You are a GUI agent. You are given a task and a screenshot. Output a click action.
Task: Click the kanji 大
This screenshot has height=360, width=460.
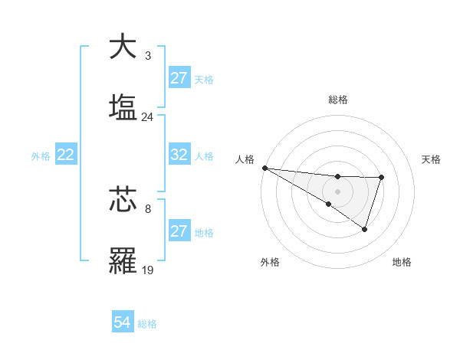point(124,47)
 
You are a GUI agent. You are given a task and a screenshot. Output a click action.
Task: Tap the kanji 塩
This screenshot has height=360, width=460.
point(124,107)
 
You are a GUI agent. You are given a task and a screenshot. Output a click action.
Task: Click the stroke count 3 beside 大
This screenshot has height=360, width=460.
point(147,56)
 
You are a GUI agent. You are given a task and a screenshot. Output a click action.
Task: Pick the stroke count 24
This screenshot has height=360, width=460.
point(147,117)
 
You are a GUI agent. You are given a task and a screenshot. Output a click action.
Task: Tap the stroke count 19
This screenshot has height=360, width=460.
point(147,270)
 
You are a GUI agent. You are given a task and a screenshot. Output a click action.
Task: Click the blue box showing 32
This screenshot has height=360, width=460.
point(179,155)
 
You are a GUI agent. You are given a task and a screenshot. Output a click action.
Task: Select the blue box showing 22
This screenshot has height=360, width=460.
point(65,155)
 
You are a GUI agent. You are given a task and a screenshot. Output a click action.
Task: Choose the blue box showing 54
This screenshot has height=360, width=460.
point(122,323)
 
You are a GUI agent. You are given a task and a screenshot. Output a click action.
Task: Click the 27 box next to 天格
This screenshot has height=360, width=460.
point(179,78)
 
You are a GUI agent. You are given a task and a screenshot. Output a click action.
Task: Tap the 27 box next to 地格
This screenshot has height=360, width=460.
point(179,231)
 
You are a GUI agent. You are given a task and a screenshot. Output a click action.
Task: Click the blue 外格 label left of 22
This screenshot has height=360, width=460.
point(41,155)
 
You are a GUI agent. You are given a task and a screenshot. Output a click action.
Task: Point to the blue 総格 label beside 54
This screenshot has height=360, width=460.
point(147,324)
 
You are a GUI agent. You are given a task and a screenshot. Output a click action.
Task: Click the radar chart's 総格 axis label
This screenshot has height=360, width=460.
point(337,100)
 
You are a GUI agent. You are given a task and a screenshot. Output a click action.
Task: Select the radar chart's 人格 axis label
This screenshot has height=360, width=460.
point(244,159)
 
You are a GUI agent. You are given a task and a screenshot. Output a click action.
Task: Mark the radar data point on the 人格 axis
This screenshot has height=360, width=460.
point(264,168)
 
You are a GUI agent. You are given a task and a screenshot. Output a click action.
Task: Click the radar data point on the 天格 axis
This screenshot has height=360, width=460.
point(381,178)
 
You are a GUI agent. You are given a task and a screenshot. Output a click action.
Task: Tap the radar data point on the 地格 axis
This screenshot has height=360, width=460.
point(365,229)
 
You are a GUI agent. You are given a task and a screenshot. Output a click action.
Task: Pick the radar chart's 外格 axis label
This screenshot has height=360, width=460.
point(270,262)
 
